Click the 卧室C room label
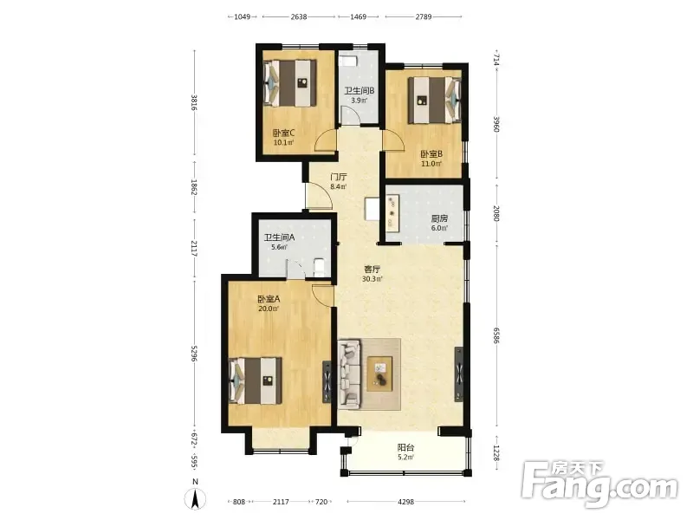pyautogui.click(x=283, y=133)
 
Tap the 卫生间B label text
pyautogui.click(x=359, y=91)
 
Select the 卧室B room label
pyautogui.click(x=431, y=154)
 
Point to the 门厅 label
pyautogui.click(x=339, y=177)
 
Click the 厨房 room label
pyautogui.click(x=439, y=218)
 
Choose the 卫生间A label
pyautogui.click(x=279, y=237)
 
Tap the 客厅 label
pyautogui.click(x=372, y=270)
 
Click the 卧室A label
pyautogui.click(x=269, y=299)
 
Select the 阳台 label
pyautogui.click(x=405, y=447)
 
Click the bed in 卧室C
pyautogui.click(x=290, y=83)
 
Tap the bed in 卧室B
pyautogui.click(x=435, y=101)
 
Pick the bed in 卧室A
pyautogui.click(x=256, y=380)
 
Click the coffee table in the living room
pyautogui.click(x=379, y=374)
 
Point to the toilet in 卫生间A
pyautogui.click(x=319, y=268)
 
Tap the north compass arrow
pyautogui.click(x=196, y=499)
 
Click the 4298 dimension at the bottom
pyautogui.click(x=405, y=502)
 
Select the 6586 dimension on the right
pyautogui.click(x=495, y=335)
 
